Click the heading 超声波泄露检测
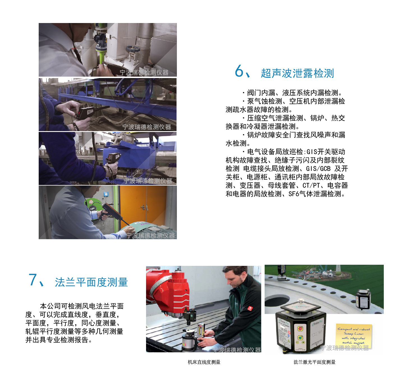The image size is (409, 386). (297, 73)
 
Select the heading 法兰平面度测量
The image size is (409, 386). (91, 282)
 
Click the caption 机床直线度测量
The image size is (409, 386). (204, 362)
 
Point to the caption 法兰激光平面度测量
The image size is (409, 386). (314, 362)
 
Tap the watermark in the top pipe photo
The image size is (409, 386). (144, 72)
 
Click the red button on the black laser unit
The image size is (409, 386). (300, 328)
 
